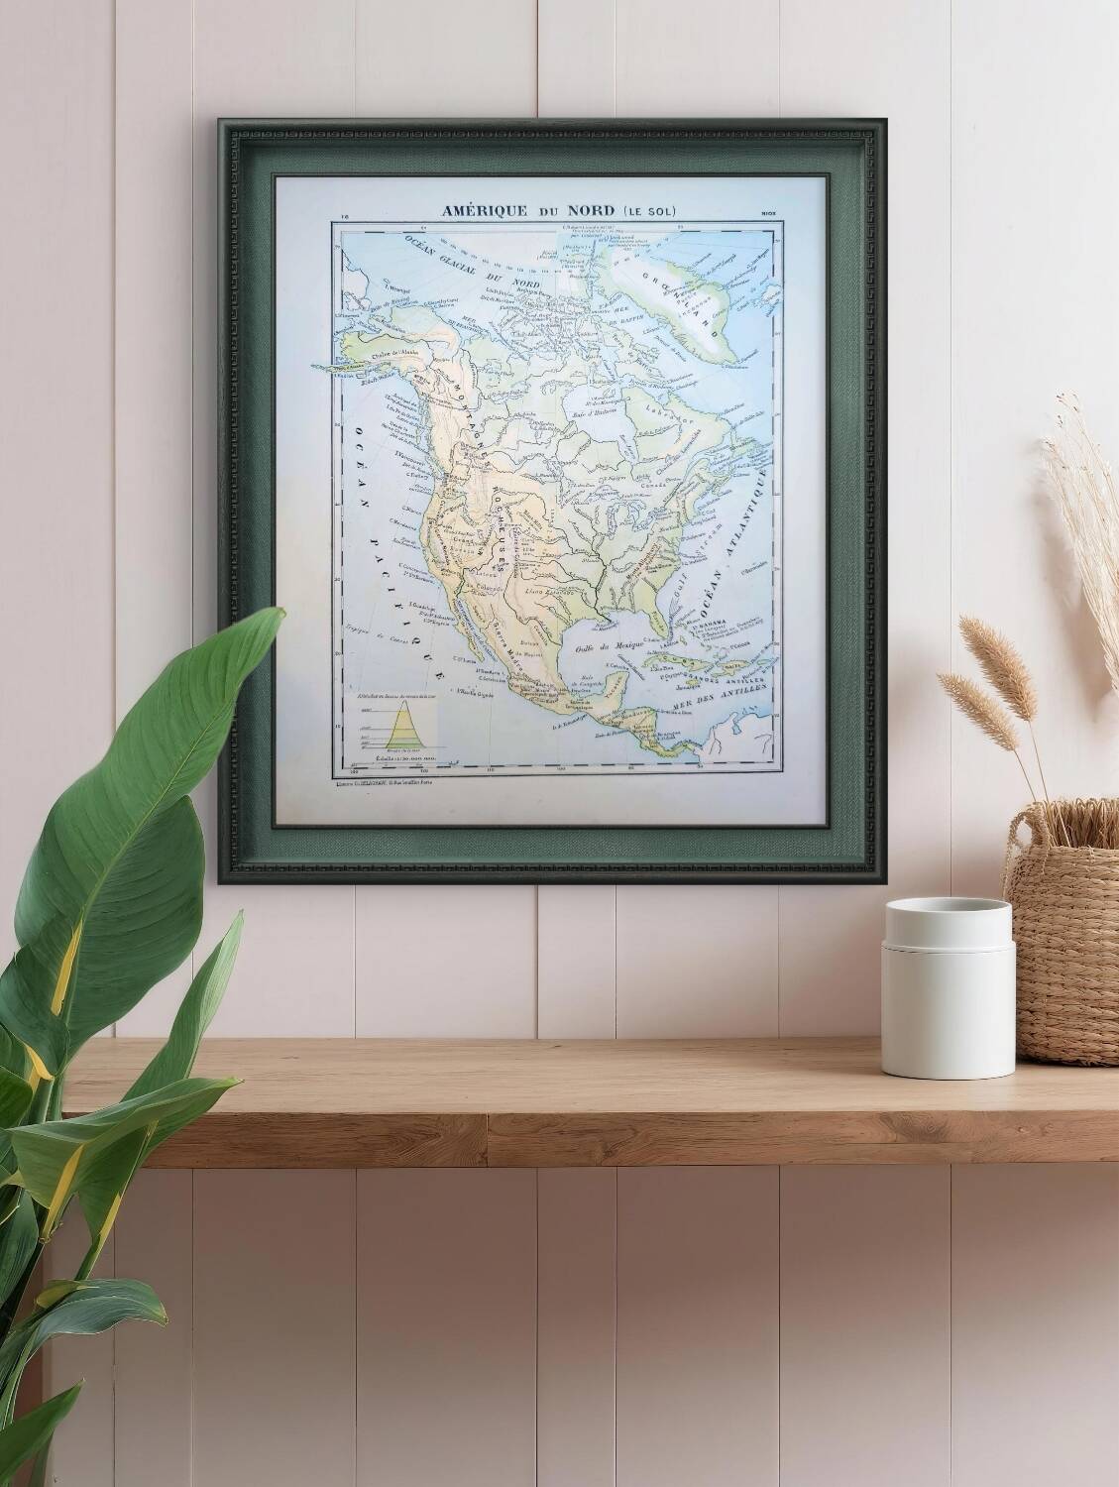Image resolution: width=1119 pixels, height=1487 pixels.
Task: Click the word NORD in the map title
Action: pos(591,211)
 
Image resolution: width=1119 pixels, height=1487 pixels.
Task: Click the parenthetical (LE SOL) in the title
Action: pos(651,211)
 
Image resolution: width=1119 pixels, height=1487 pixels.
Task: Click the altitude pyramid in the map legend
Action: pos(405,729)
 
